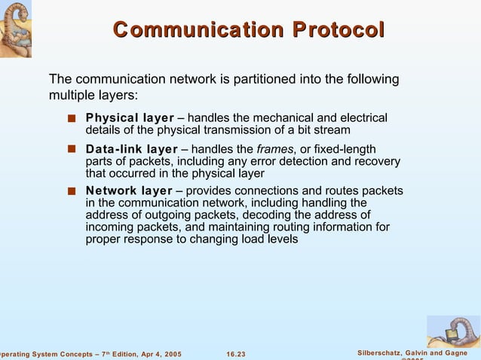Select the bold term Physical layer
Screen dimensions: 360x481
click(130, 118)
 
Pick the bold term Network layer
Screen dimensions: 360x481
click(128, 191)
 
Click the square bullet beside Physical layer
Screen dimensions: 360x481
click(71, 118)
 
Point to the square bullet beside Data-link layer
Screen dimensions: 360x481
click(71, 149)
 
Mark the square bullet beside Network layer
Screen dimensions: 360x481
click(71, 191)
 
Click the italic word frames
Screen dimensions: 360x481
click(275, 149)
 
